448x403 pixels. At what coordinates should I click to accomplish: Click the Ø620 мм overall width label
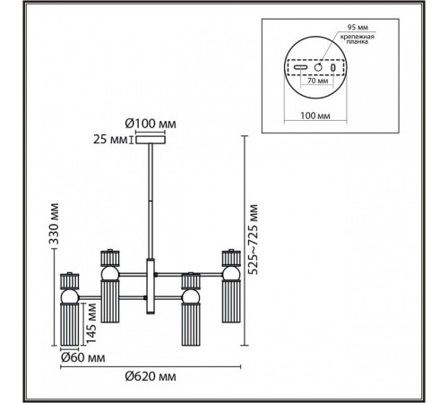click(151, 377)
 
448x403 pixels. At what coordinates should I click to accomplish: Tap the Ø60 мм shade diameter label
click(82, 357)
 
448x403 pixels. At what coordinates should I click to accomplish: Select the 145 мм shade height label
click(90, 323)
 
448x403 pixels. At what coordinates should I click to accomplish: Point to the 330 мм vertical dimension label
click(54, 224)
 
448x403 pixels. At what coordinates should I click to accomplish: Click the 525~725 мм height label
click(254, 239)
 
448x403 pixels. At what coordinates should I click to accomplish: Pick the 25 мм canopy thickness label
click(110, 140)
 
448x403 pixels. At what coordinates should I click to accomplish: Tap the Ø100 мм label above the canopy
click(151, 124)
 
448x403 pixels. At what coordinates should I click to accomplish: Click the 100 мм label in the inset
click(315, 116)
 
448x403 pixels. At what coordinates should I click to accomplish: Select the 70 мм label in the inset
click(317, 81)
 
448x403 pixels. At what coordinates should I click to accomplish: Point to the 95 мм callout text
click(358, 27)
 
